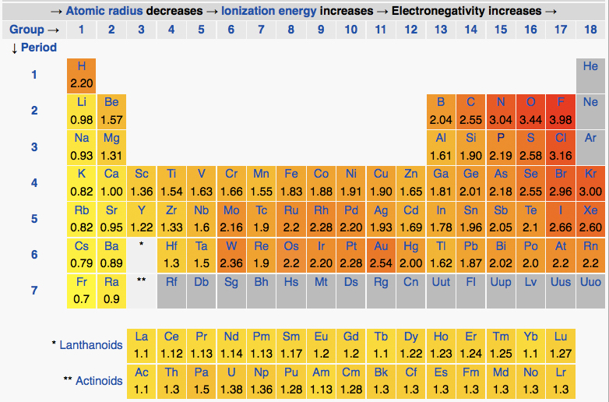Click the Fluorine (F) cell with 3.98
pyautogui.click(x=560, y=111)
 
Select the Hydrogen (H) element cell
pyautogui.click(x=81, y=75)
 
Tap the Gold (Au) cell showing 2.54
pyautogui.click(x=381, y=254)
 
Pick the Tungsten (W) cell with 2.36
pyautogui.click(x=231, y=254)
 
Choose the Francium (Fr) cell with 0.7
pyautogui.click(x=81, y=290)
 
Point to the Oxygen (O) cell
pyautogui.click(x=530, y=111)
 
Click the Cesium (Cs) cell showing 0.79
pyautogui.click(x=81, y=254)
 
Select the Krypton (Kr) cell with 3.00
pyautogui.click(x=590, y=182)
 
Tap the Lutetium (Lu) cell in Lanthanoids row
pyautogui.click(x=560, y=344)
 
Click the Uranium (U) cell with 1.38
pyautogui.click(x=231, y=379)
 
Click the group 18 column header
pyautogui.click(x=590, y=30)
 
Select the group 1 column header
pyautogui.click(x=81, y=30)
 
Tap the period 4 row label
pyautogui.click(x=33, y=183)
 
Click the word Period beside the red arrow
pyautogui.click(x=38, y=48)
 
